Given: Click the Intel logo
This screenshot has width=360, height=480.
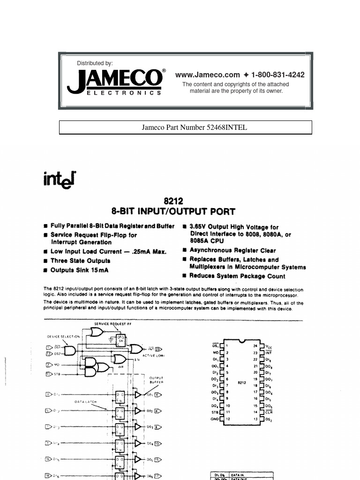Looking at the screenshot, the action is [x=59, y=179].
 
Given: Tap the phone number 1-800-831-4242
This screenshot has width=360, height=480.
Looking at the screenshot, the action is [x=278, y=75].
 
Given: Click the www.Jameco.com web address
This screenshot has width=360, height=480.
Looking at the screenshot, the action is [x=207, y=75].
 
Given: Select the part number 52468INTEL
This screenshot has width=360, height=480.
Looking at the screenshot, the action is [x=227, y=127].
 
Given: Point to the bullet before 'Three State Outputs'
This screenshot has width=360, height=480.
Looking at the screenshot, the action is [x=45, y=261].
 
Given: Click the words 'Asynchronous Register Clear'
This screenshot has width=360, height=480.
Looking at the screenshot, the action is [x=232, y=250].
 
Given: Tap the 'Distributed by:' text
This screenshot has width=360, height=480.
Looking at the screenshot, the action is [x=95, y=63].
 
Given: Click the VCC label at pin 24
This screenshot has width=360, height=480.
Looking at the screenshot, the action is [x=269, y=347].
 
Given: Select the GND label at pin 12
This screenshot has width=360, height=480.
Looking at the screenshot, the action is [x=215, y=419].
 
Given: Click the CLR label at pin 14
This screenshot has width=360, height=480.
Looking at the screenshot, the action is [x=269, y=412].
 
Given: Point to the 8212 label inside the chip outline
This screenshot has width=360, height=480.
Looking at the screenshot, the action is [x=241, y=382].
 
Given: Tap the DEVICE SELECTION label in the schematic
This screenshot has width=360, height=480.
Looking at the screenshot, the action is [x=63, y=337].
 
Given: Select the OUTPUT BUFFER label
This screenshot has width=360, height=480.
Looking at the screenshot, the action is [x=156, y=380].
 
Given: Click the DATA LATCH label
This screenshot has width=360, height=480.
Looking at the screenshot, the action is [x=85, y=402].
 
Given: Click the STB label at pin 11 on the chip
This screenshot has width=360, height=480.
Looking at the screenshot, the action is [x=215, y=412].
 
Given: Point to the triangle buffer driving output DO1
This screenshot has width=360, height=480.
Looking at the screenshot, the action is [x=137, y=395].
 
